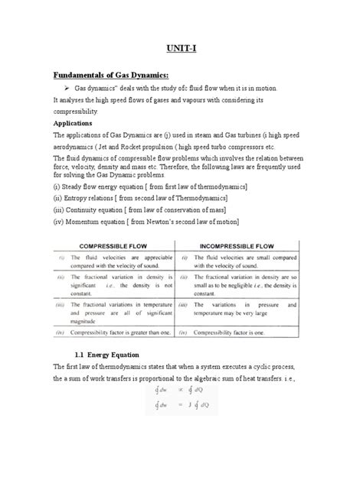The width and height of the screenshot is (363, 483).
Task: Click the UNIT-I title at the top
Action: pyautogui.click(x=181, y=47)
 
